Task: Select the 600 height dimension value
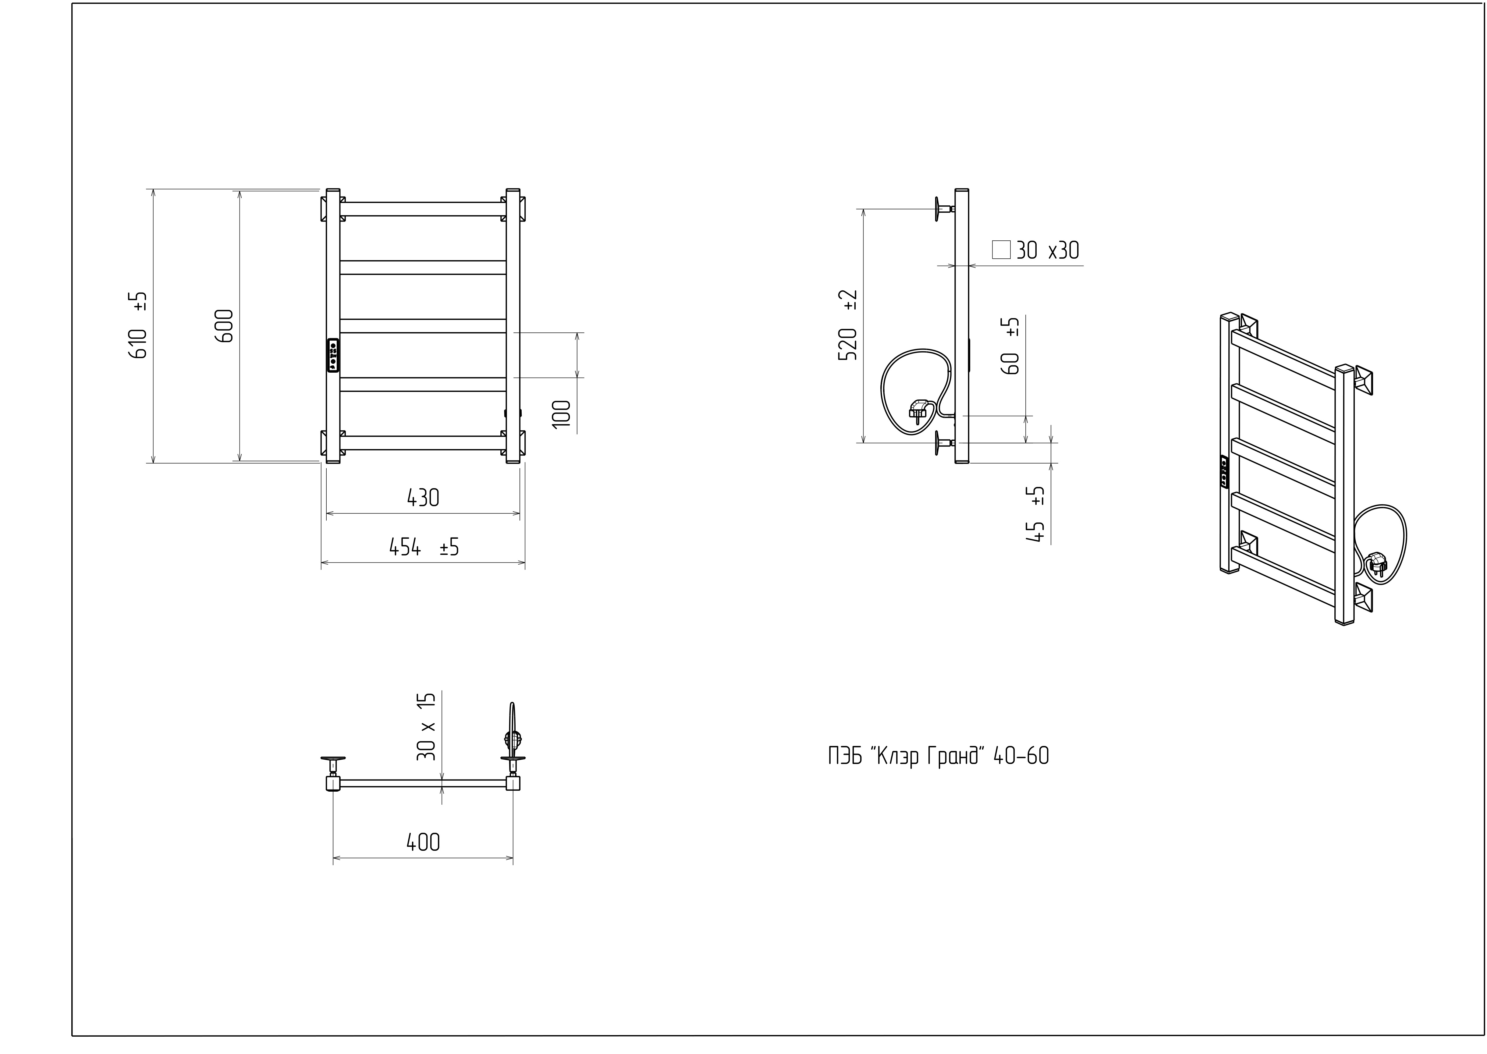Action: click(224, 326)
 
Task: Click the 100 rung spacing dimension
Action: click(562, 413)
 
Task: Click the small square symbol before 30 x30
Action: click(1001, 250)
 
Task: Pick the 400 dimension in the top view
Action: click(423, 843)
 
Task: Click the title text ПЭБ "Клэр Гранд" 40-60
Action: click(938, 756)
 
